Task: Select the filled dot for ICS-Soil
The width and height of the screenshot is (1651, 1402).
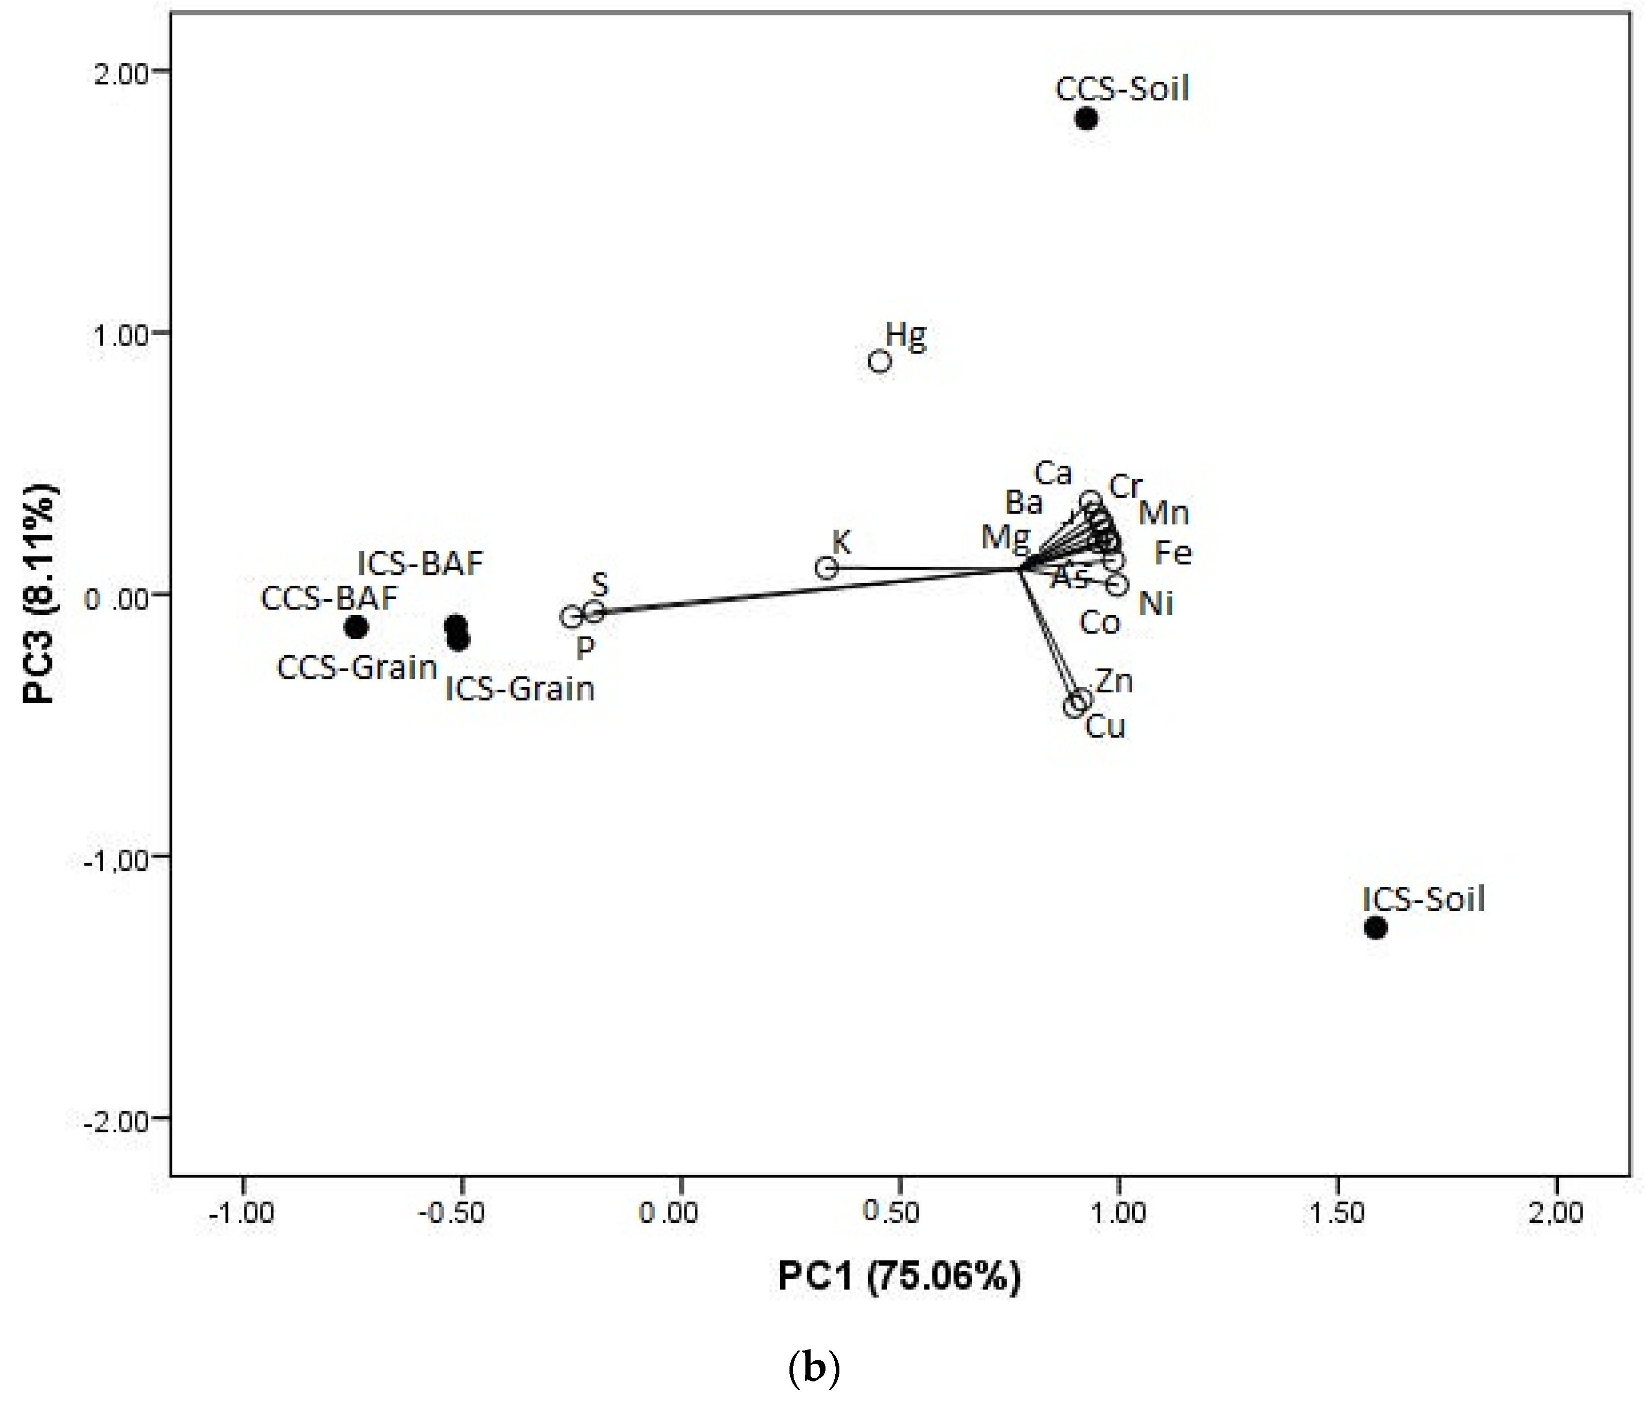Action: [x=1375, y=927]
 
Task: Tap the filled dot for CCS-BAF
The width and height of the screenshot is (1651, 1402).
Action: [x=356, y=627]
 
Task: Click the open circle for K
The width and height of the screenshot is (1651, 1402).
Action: [x=827, y=568]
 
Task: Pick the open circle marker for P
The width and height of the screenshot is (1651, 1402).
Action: [x=571, y=617]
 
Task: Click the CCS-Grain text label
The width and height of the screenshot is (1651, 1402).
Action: [x=357, y=668]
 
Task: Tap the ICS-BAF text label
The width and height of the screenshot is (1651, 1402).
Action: [x=419, y=564]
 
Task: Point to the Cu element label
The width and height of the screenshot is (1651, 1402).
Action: [x=1105, y=726]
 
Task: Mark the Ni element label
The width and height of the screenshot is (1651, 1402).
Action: [x=1156, y=604]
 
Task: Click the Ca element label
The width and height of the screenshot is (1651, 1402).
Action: [x=1053, y=474]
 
